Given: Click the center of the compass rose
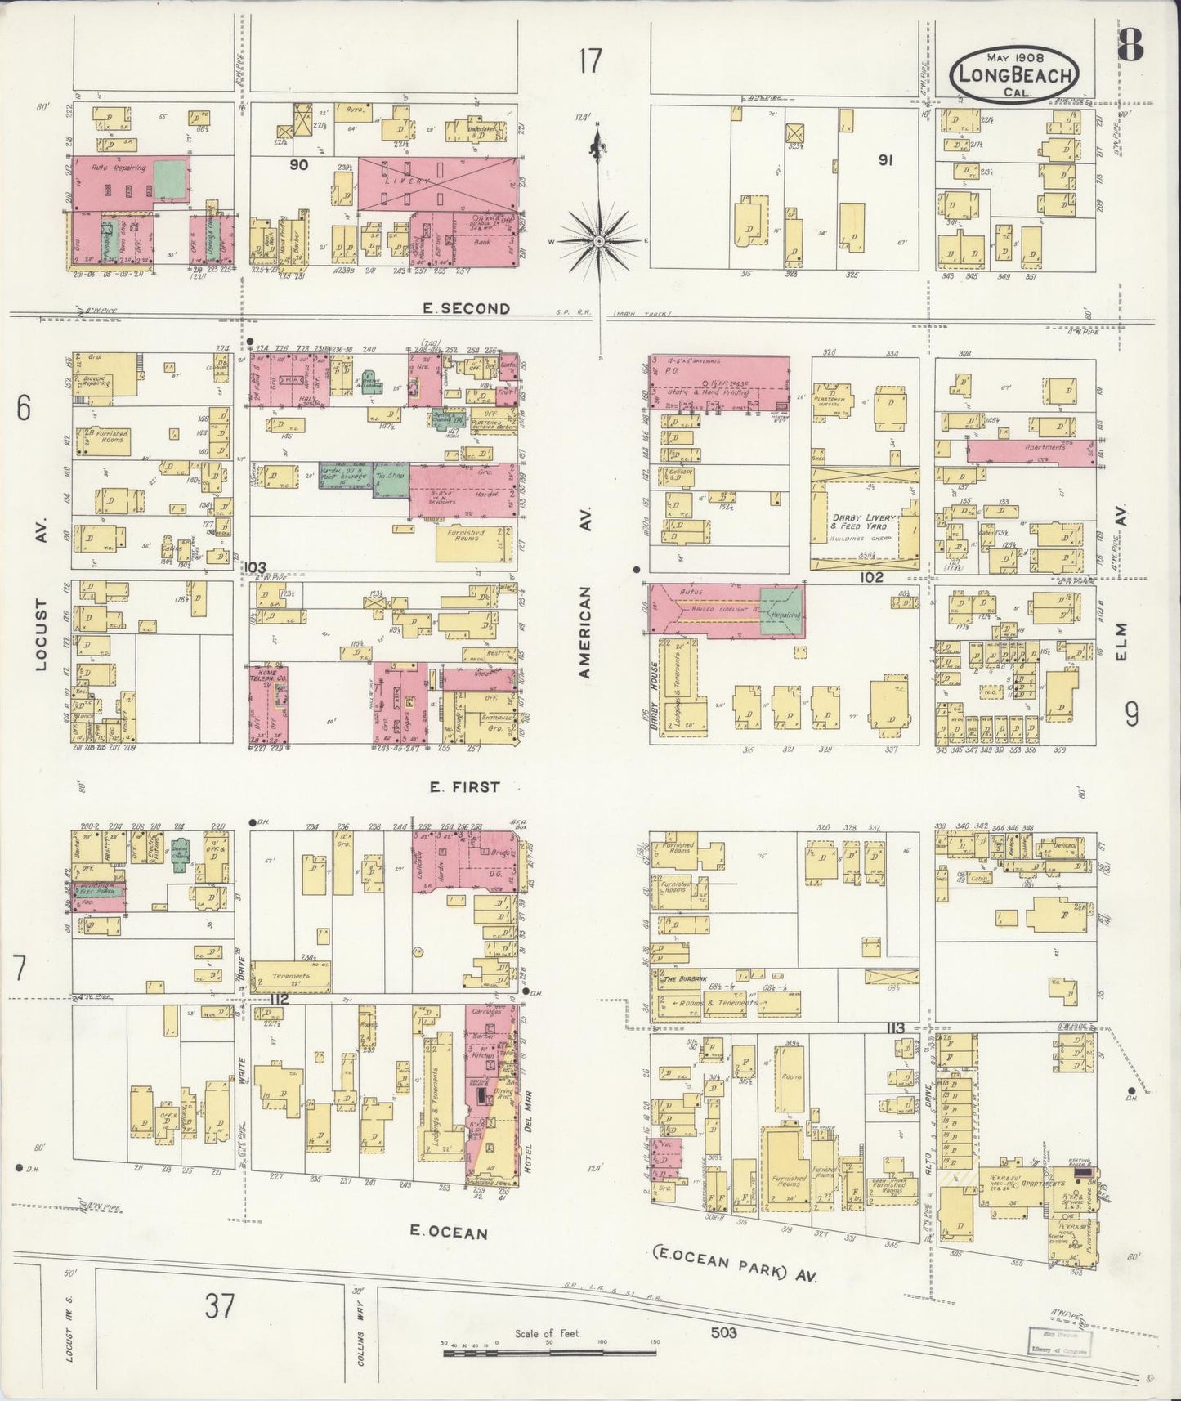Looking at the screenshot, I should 599,241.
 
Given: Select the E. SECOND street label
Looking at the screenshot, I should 467,308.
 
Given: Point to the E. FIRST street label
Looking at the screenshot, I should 464,786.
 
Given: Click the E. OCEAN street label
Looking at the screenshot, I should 449,1233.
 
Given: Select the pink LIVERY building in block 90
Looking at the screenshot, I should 438,184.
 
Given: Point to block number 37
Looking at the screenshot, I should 220,1306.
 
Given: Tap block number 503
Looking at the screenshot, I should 723,1332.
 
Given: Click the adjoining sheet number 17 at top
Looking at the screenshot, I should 590,61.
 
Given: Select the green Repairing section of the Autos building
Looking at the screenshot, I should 781,611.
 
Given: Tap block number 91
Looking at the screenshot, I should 884,160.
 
